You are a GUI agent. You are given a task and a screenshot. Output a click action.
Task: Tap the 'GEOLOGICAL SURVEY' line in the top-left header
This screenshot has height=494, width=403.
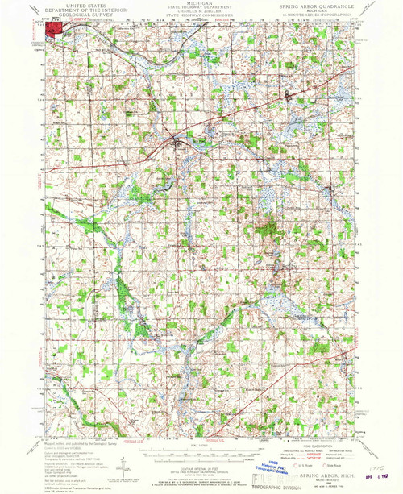(x=77, y=14)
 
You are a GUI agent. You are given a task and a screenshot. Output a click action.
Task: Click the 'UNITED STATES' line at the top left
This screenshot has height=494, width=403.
(x=77, y=4)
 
